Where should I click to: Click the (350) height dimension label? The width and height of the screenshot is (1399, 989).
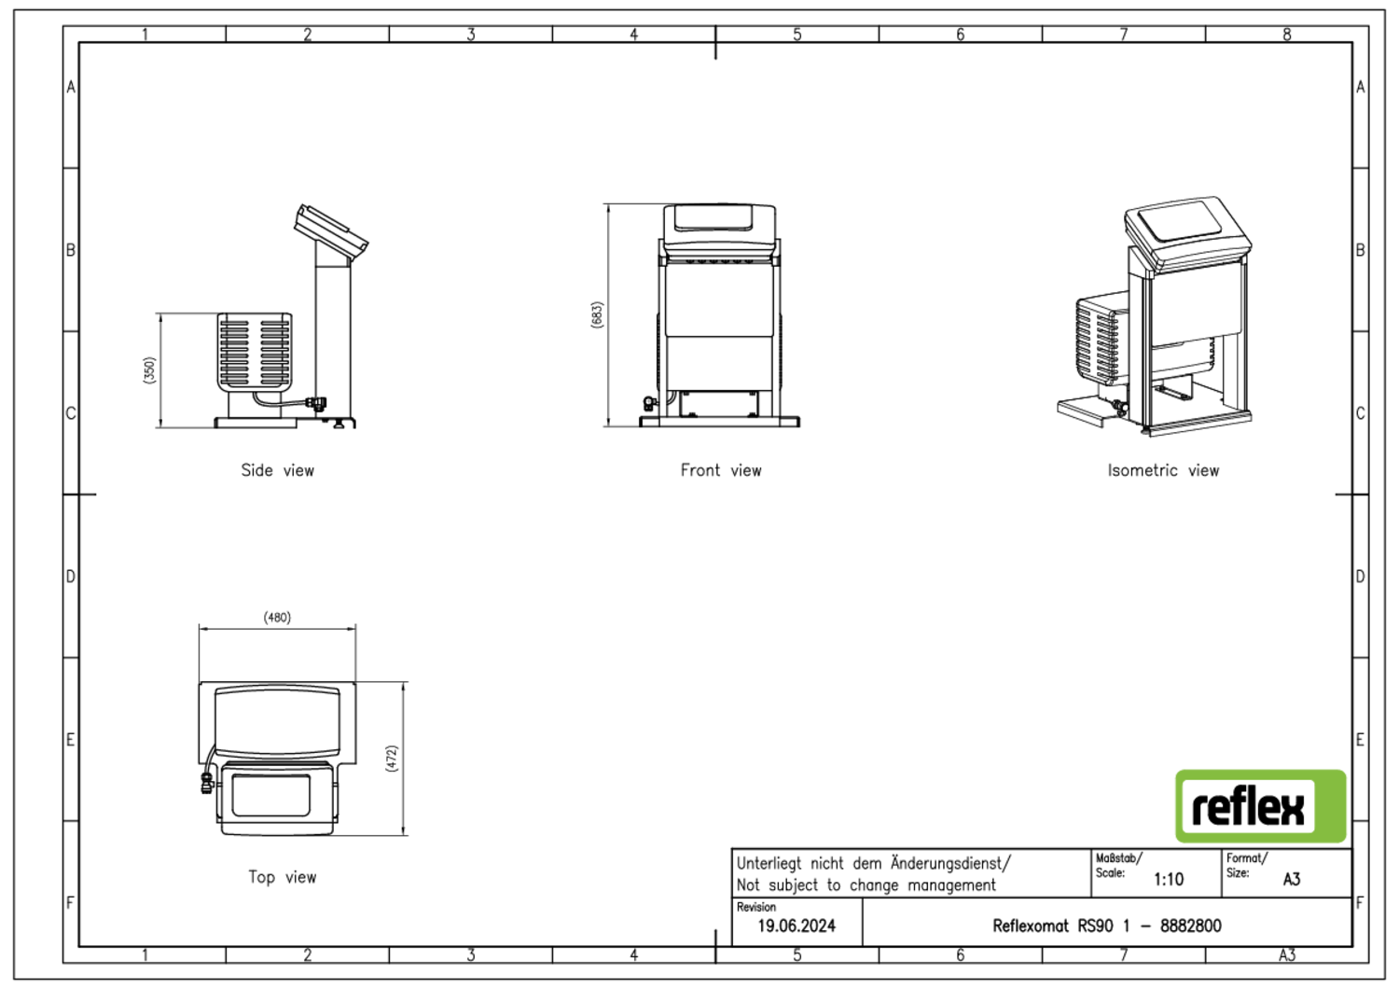(x=149, y=369)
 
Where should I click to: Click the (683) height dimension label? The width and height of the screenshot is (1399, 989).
(x=597, y=315)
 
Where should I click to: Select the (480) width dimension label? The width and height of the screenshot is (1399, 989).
(x=277, y=618)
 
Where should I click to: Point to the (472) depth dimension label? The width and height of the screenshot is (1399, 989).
(x=392, y=759)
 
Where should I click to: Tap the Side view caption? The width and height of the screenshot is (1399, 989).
(x=277, y=470)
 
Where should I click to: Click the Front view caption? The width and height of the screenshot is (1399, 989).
(x=721, y=470)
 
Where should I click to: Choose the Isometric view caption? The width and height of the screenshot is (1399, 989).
(x=1163, y=470)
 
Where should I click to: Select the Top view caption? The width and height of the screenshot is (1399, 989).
(x=283, y=877)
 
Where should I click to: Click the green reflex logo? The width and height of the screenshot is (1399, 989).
(x=1260, y=806)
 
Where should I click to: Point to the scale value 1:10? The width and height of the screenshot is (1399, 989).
(x=1168, y=880)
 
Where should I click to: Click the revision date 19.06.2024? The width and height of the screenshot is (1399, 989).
(x=796, y=926)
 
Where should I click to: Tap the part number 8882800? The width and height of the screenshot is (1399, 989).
(x=1190, y=926)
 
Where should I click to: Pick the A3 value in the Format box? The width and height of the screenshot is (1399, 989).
(x=1292, y=880)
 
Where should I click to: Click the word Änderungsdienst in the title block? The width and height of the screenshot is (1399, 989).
(x=949, y=863)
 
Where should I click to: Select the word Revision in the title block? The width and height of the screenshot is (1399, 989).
(x=755, y=907)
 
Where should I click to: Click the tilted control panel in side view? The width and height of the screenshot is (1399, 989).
(x=331, y=232)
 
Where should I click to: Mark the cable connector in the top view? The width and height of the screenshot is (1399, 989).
(x=207, y=782)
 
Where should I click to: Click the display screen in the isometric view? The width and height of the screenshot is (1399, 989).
(x=1180, y=221)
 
